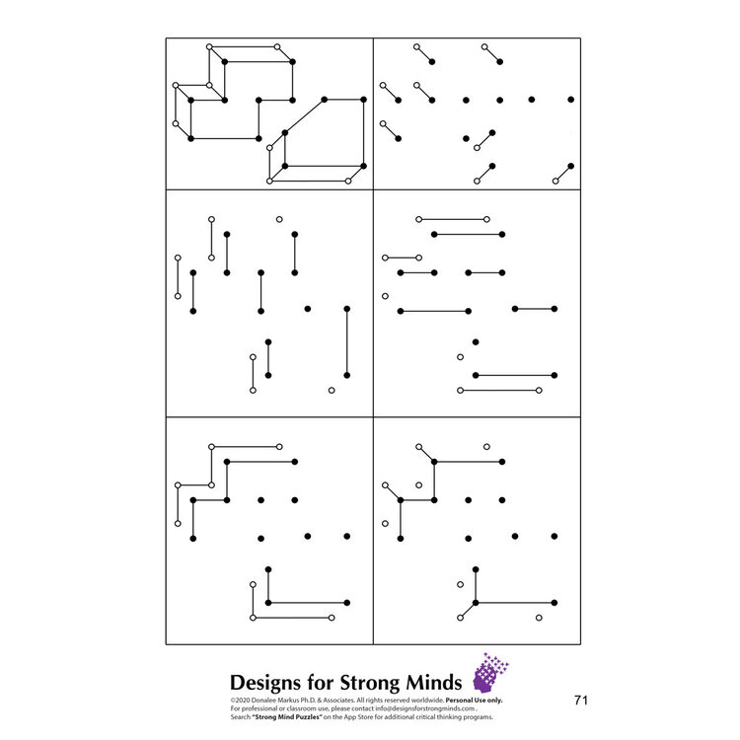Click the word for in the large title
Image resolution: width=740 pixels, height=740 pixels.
326,683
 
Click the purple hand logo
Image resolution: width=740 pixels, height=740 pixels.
490,673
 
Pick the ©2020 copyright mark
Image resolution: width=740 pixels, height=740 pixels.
241,700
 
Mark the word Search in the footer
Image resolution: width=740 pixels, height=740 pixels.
242,715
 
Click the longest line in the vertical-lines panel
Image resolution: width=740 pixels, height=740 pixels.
346,341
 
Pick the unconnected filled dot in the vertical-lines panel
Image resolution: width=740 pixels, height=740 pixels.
308,310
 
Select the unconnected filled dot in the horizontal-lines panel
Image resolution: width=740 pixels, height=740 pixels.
476,341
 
